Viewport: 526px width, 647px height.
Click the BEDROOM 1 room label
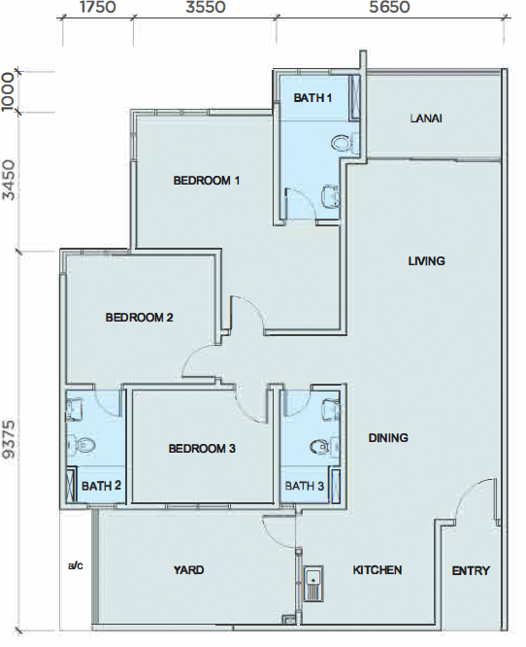206,181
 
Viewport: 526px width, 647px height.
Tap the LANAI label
426,119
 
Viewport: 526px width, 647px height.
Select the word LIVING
427,260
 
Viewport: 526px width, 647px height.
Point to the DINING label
388,437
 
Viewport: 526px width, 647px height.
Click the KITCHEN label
378,570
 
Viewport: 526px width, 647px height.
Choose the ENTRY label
471,570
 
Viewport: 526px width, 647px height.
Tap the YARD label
189,570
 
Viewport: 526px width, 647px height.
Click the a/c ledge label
75,565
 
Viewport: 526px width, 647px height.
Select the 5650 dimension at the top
389,7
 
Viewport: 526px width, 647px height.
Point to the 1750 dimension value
98,7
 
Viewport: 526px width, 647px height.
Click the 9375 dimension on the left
9,439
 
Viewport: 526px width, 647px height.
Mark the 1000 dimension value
8,91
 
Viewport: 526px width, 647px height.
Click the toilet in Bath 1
342,143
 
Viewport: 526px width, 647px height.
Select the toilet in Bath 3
321,446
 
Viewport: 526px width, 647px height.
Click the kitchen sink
313,583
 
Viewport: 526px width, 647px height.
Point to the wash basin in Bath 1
330,194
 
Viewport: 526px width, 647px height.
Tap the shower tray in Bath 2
72,485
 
